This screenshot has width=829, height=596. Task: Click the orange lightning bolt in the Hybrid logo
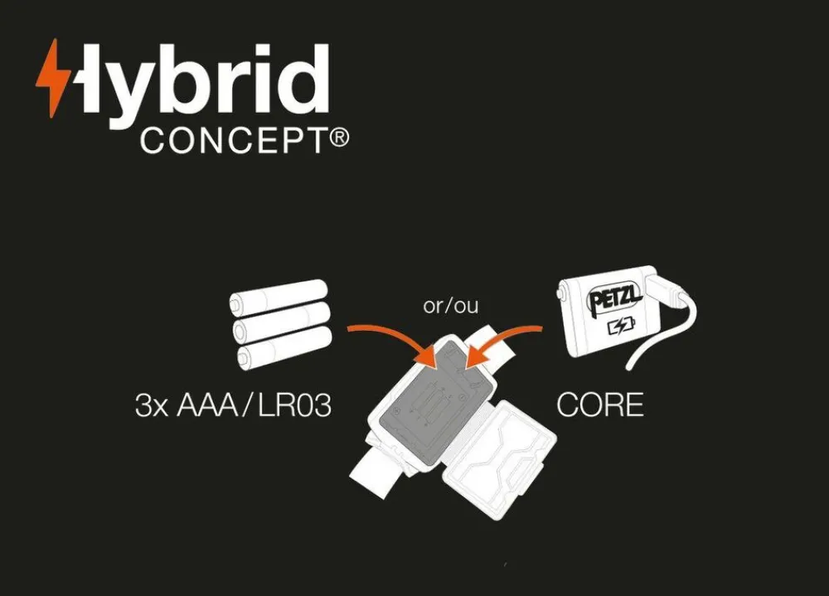coord(53,78)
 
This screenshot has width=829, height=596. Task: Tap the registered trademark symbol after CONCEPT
coord(339,138)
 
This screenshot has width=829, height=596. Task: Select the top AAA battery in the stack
coord(279,298)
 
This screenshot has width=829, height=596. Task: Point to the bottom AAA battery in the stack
coord(285,346)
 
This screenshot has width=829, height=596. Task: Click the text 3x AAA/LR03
coord(233,406)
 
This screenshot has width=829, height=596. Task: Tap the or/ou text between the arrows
coord(450,306)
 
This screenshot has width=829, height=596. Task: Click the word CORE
coord(600,405)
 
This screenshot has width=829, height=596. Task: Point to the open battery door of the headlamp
coord(499,459)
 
